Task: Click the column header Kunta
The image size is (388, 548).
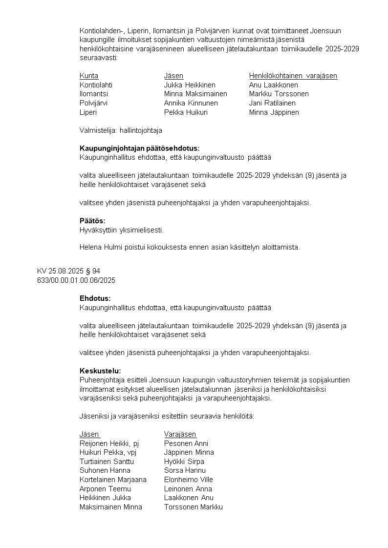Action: click(x=89, y=76)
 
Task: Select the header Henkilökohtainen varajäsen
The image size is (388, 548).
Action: click(x=293, y=76)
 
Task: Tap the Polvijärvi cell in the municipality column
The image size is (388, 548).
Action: click(x=94, y=103)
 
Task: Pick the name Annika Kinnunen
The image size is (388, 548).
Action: click(x=191, y=103)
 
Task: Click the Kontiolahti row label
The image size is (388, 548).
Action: click(x=96, y=85)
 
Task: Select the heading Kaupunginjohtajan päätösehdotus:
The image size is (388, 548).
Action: click(x=139, y=148)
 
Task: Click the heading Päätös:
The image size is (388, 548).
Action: click(x=92, y=221)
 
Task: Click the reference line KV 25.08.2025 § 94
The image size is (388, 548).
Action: click(x=68, y=271)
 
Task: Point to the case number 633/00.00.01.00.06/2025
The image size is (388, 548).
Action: click(x=76, y=280)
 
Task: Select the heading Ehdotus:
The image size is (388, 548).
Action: click(x=95, y=298)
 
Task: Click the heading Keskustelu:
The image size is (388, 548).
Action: click(x=100, y=371)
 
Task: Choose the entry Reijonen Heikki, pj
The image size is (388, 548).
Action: click(x=109, y=443)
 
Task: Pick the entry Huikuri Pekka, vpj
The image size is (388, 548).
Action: click(x=108, y=452)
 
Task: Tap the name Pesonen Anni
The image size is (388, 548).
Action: click(x=186, y=443)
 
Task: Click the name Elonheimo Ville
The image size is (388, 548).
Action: click(x=189, y=480)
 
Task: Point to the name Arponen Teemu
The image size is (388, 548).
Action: click(x=105, y=489)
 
